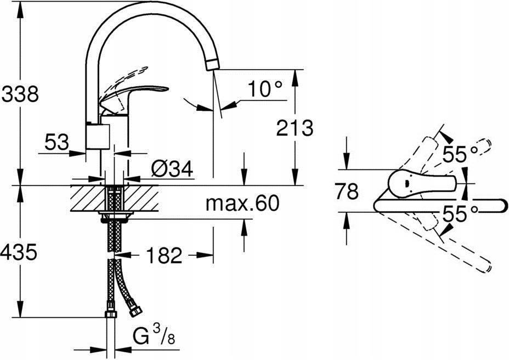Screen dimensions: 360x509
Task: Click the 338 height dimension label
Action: [20, 94]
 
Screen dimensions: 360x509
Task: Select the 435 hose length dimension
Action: [20, 253]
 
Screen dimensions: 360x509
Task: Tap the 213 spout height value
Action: [294, 128]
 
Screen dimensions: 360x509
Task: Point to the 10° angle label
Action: [263, 89]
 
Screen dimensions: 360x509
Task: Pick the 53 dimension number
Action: [56, 144]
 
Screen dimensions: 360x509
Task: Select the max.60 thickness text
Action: [242, 204]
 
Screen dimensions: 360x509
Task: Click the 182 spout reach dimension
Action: [163, 255]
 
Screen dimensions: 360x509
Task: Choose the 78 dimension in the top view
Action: [346, 192]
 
